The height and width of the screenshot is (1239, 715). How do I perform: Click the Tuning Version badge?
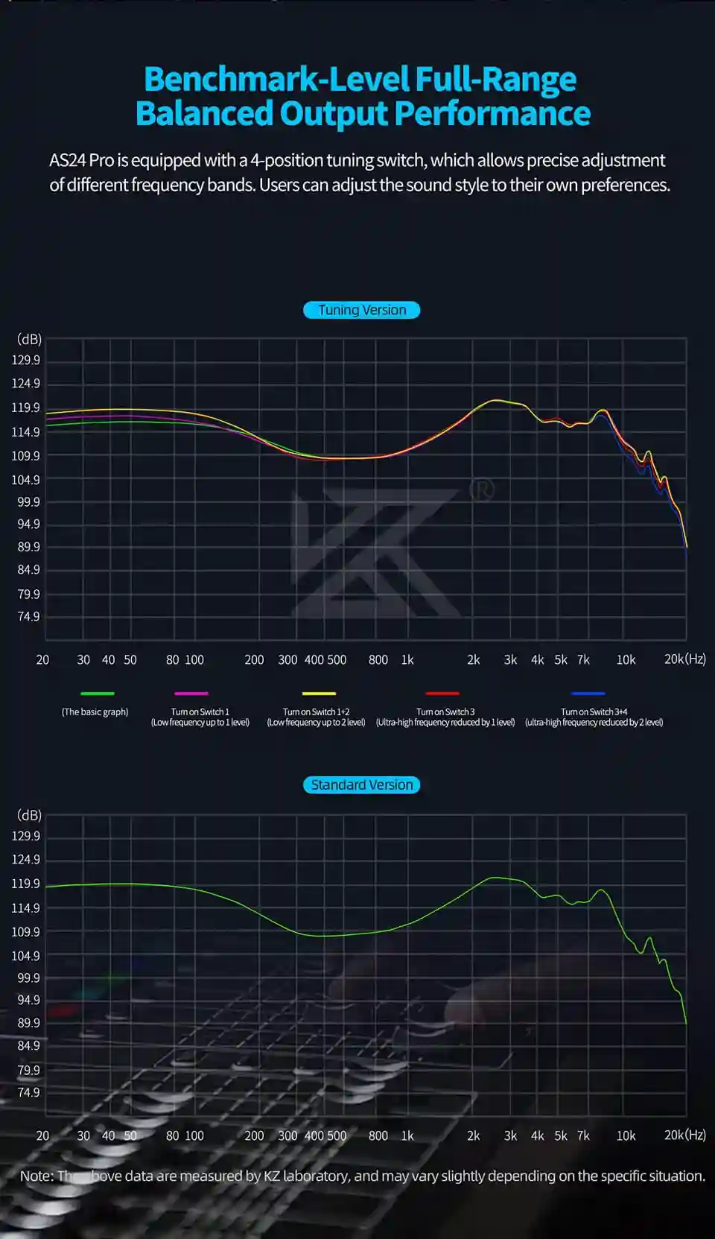[x=362, y=310]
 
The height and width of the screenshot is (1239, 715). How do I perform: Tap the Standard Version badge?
[x=362, y=785]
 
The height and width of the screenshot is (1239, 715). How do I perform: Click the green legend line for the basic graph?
[x=97, y=694]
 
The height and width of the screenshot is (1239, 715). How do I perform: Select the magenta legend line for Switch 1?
[x=191, y=694]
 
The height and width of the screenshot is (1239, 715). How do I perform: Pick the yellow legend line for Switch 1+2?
[x=319, y=694]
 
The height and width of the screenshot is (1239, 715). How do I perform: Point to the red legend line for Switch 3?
[x=442, y=694]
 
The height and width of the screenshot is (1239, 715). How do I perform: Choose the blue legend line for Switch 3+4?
[x=588, y=694]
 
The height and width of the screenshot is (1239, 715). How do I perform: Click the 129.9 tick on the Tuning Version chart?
[x=26, y=360]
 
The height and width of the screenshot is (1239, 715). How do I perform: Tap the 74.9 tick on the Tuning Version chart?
[x=28, y=616]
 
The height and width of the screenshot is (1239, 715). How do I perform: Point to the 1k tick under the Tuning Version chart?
[x=407, y=659]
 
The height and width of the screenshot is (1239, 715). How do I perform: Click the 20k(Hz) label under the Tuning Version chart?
[x=684, y=659]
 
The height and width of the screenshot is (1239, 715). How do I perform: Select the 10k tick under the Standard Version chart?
[x=626, y=1135]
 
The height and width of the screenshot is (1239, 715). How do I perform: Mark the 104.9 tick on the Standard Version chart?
[x=26, y=955]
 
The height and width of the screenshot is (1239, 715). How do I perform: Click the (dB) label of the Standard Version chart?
[x=29, y=815]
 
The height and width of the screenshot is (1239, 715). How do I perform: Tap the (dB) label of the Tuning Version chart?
[x=29, y=340]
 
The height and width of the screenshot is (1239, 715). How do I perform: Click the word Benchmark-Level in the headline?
[x=276, y=79]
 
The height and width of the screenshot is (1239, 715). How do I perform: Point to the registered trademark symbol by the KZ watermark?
[x=482, y=489]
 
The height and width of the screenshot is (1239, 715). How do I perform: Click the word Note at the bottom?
[x=35, y=1176]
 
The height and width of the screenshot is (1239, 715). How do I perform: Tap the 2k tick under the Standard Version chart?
[x=473, y=1135]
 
